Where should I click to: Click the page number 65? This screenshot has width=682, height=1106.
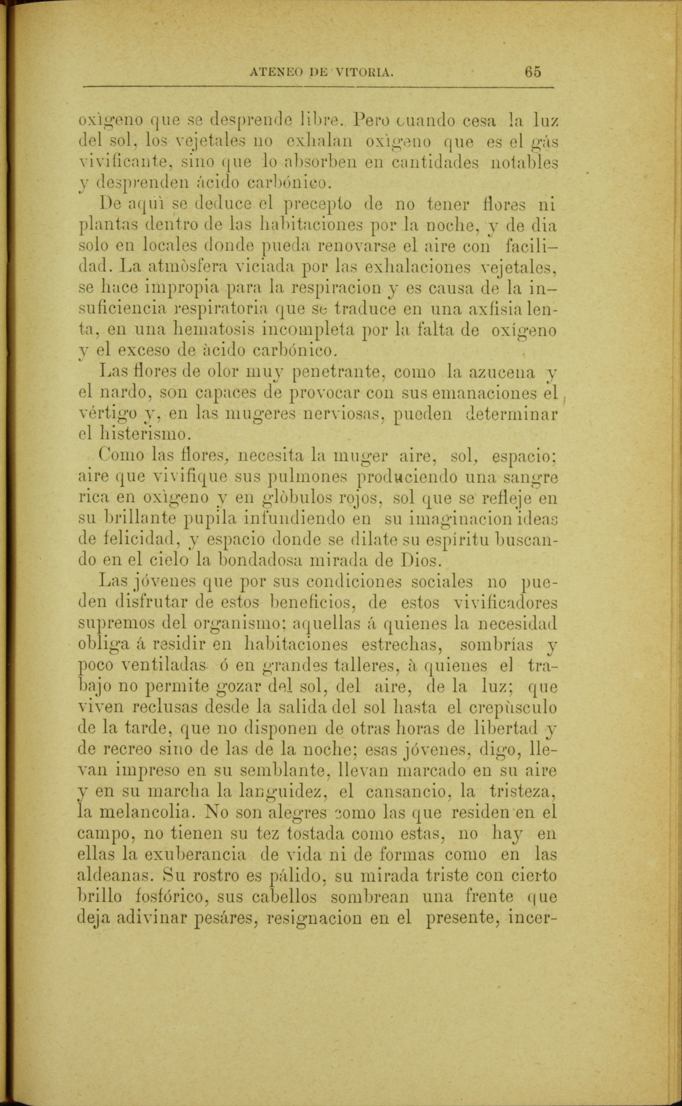click(x=532, y=72)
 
